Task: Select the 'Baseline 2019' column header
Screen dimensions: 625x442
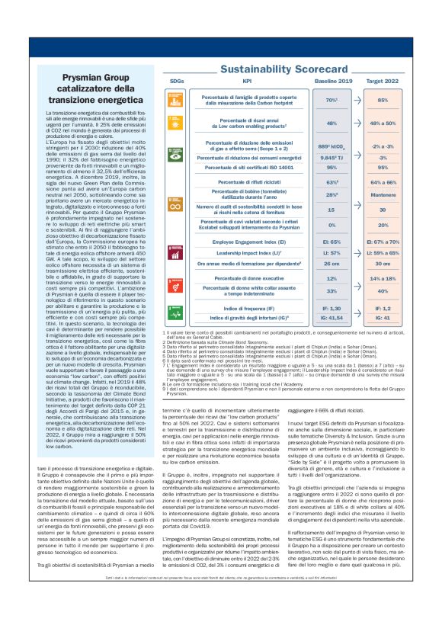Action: [x=331, y=79]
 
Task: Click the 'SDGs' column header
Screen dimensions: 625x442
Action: [x=176, y=79]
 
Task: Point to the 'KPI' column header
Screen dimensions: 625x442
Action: [x=247, y=79]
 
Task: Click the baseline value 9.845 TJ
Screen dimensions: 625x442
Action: [x=331, y=156]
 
